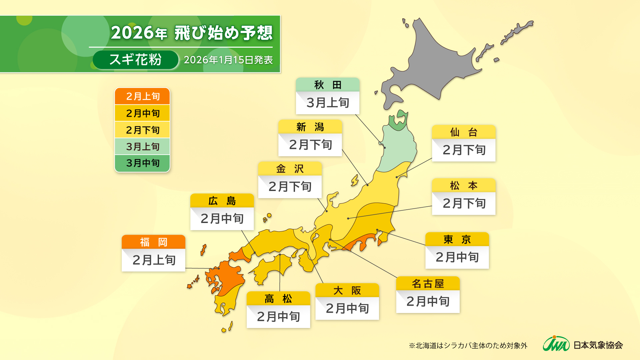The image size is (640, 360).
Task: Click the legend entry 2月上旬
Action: (142, 96)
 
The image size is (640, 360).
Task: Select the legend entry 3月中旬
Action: (142, 163)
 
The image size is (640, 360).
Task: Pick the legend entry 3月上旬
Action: (142, 146)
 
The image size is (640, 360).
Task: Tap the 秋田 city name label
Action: (328, 85)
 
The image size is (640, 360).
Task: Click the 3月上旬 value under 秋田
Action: (328, 103)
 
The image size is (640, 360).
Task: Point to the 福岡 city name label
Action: (153, 242)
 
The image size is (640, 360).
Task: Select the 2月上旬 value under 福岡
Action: (153, 260)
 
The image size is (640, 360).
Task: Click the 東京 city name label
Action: (457, 239)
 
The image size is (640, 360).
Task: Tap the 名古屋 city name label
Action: (428, 284)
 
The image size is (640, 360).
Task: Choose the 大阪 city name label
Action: (347, 290)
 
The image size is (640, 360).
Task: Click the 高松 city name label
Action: (278, 299)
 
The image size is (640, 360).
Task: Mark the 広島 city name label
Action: (222, 201)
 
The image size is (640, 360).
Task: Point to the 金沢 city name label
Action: (290, 169)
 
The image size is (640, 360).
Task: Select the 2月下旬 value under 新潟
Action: (310, 145)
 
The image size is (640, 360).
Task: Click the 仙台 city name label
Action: (464, 132)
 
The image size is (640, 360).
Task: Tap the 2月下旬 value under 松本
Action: (464, 203)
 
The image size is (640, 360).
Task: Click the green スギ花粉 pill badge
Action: (135, 60)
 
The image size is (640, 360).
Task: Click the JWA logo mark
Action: (556, 344)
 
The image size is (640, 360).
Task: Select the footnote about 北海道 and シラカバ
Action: (468, 346)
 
